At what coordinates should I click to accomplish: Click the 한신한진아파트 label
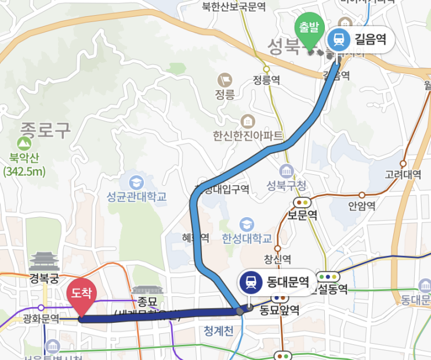(248, 136)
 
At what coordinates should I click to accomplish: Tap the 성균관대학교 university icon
(137, 181)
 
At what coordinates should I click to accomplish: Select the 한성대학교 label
(247, 239)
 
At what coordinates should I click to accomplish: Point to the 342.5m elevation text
(24, 171)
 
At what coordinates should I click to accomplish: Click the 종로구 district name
(45, 129)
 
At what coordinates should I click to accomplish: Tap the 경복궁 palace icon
(45, 261)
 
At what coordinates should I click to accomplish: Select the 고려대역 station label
(403, 175)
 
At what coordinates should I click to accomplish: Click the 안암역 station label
(362, 206)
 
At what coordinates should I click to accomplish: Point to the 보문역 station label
(302, 215)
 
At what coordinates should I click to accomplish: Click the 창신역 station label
(277, 258)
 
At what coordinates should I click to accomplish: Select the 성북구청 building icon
(287, 171)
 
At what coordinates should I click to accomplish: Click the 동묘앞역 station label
(279, 310)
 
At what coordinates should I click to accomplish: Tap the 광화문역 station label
(41, 318)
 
